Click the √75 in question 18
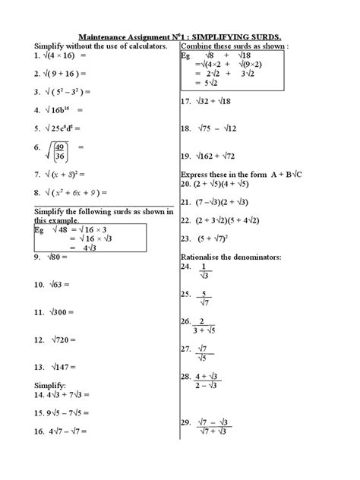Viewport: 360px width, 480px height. coord(210,128)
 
